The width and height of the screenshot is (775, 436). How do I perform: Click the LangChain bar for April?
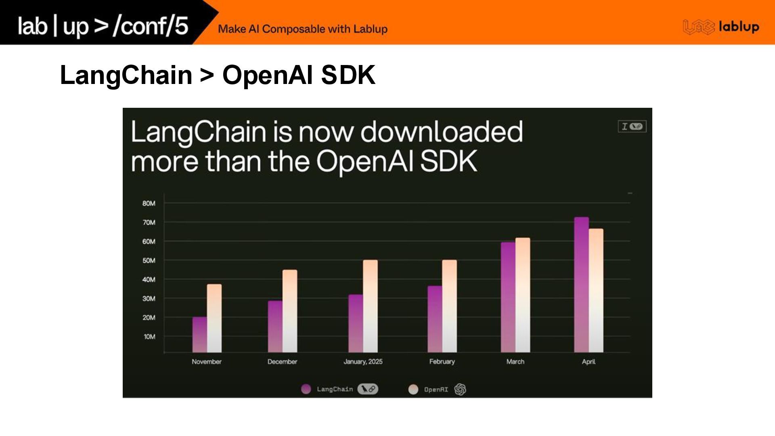tap(581, 285)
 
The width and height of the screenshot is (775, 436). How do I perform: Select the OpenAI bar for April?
tap(596, 291)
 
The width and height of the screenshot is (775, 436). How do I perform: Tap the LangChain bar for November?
tap(199, 335)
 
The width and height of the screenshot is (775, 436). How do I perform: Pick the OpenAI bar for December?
tap(289, 311)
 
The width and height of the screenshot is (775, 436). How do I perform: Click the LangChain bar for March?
tap(508, 297)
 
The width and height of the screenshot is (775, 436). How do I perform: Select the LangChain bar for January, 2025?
tap(355, 323)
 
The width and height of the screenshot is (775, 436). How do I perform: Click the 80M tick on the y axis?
tap(149, 203)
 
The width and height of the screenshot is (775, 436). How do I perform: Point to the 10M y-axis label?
tap(149, 337)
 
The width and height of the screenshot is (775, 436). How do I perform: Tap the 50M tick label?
tap(149, 261)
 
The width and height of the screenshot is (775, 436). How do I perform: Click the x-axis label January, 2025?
tap(363, 362)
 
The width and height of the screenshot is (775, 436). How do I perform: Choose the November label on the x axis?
tap(206, 362)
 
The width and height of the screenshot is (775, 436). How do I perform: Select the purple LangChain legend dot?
tap(306, 389)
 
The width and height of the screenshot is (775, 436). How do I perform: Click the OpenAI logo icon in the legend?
tap(460, 389)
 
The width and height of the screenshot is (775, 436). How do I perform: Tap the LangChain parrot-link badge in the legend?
tap(367, 389)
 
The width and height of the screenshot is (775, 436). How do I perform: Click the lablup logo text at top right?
tap(739, 27)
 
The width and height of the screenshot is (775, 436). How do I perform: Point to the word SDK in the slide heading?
tap(348, 75)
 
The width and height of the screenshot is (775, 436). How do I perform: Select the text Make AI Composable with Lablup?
tap(303, 29)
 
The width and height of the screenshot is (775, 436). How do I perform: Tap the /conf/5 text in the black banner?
tap(151, 26)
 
